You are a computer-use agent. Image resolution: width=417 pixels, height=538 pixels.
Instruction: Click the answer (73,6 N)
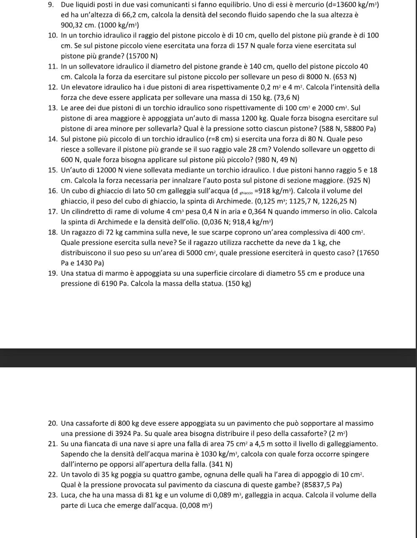(x=286, y=98)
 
